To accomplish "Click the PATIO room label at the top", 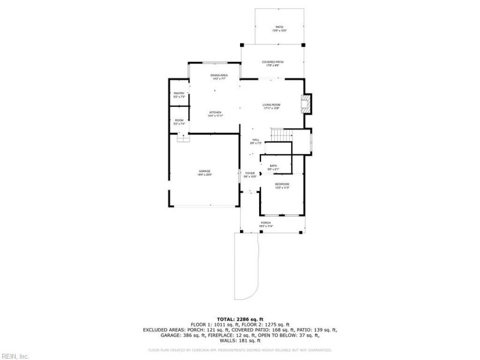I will [279, 28].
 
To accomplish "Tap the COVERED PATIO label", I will [273, 62].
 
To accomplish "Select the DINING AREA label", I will [218, 76].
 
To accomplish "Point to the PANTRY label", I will [179, 94].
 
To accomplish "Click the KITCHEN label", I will [215, 113].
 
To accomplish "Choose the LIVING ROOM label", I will [272, 105].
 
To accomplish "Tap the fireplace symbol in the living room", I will [307, 104].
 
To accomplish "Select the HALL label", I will [256, 140].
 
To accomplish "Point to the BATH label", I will [273, 166].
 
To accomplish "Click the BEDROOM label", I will [282, 184].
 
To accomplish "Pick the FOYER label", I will [250, 173].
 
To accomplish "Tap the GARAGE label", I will [205, 172].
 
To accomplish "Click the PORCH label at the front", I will [265, 223].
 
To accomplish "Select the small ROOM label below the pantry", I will [179, 121].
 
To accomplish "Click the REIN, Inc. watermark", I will [15, 356].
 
